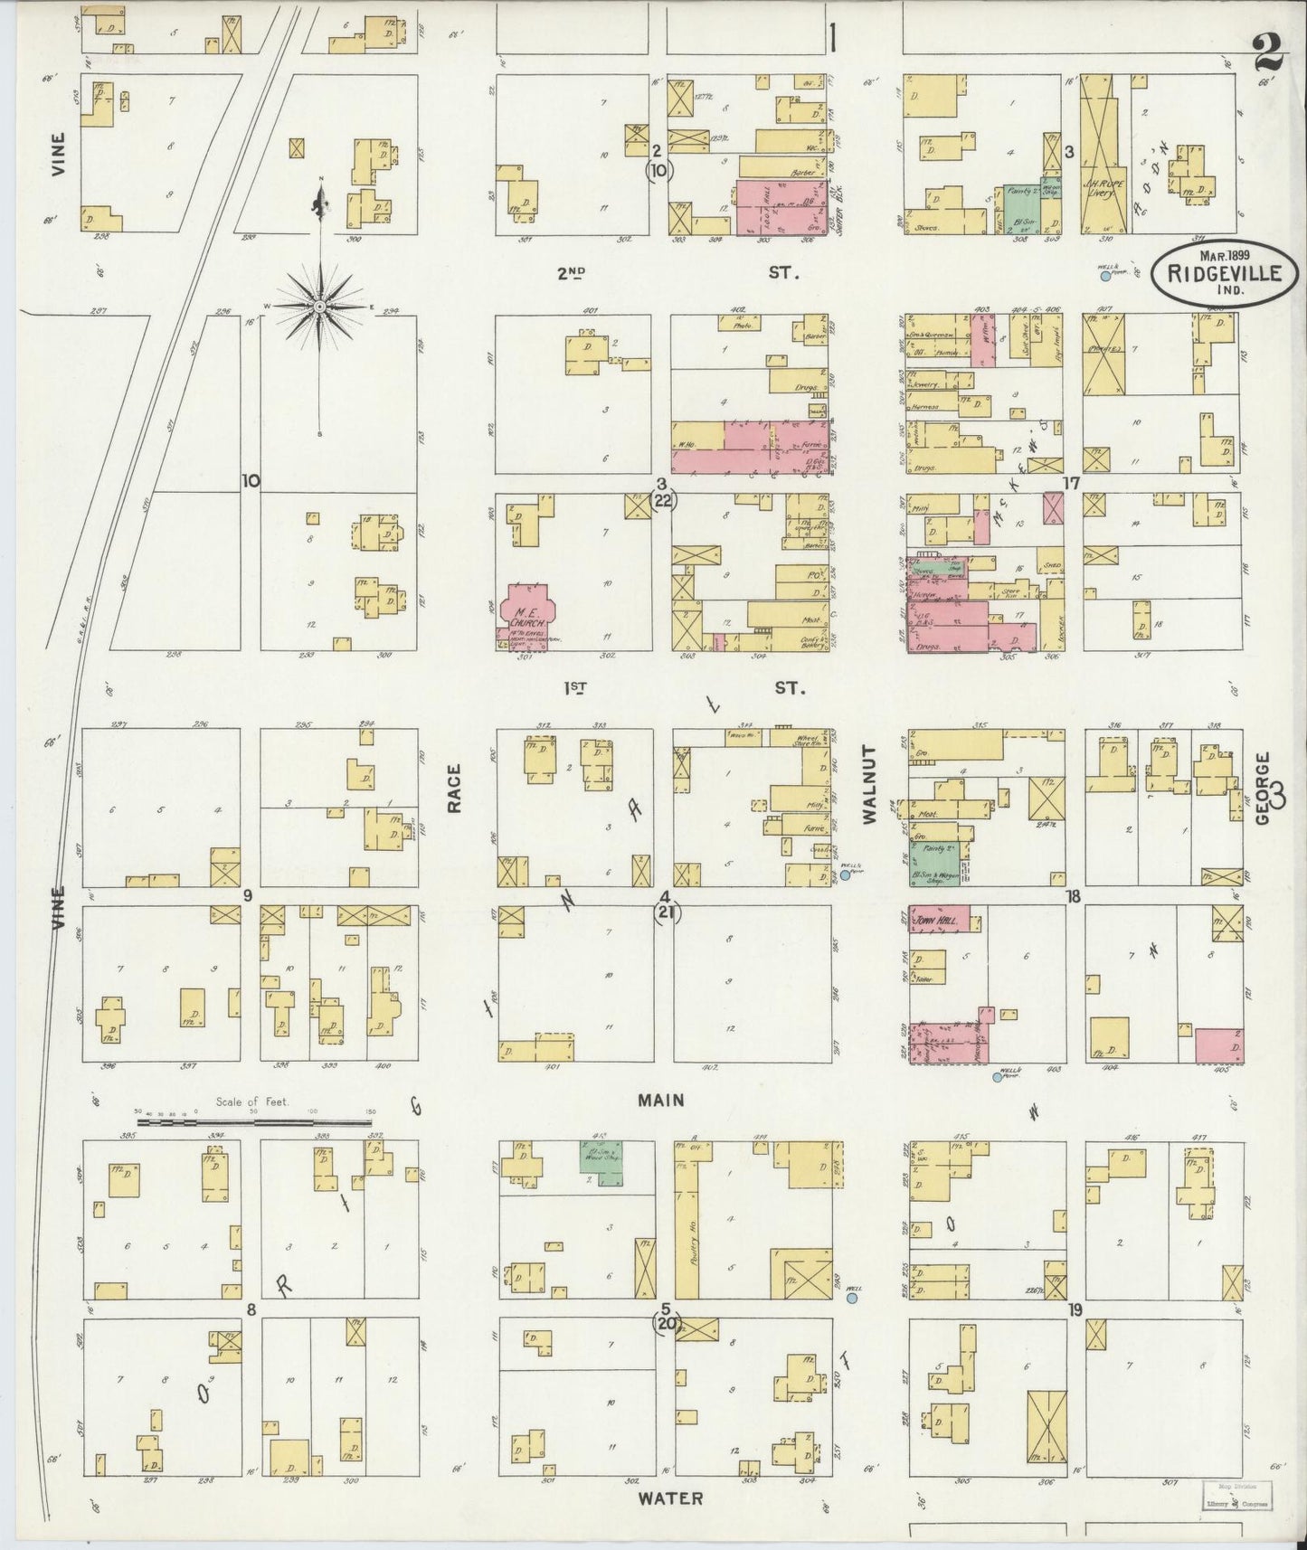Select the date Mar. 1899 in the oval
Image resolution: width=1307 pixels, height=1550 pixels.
[x=1224, y=256]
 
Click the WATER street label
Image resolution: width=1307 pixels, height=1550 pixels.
[x=669, y=1498]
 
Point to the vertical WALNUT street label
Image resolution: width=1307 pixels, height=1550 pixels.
[x=870, y=785]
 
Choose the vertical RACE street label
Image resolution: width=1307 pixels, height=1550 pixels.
[x=454, y=789]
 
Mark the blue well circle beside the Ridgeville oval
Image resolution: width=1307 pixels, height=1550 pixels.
[x=1104, y=275]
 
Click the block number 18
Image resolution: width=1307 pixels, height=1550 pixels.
[x=1074, y=897]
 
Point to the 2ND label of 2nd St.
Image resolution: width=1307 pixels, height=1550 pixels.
[x=570, y=271]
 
